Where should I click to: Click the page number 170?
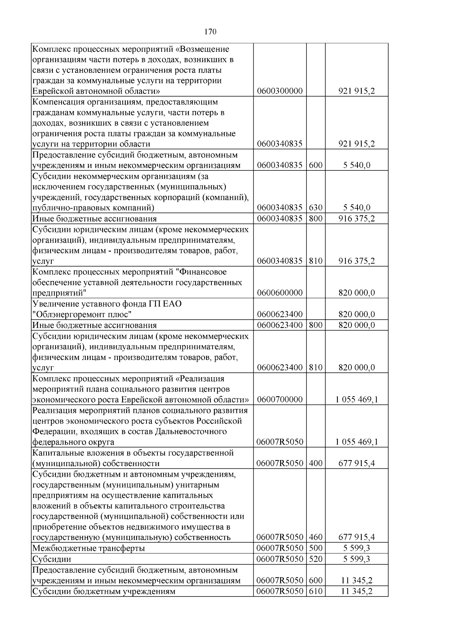point(210,32)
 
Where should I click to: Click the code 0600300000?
point(279,91)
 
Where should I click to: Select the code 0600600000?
point(279,293)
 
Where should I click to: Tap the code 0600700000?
point(279,400)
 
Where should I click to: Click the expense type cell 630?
point(316,207)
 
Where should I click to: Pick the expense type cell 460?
point(316,537)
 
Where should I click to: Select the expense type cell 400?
point(316,463)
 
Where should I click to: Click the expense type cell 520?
point(316,559)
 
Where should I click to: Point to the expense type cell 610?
point(316,591)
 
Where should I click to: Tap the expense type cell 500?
point(316,548)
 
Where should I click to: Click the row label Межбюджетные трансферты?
point(88,548)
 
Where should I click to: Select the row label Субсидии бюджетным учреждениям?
point(104,591)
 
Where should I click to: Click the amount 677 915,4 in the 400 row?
point(356,463)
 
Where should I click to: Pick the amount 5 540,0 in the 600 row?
point(356,165)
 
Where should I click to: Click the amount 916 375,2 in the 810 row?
point(356,261)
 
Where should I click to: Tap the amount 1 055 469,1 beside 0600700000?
point(356,400)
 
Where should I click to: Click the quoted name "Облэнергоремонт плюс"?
point(82,314)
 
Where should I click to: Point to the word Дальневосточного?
point(191,431)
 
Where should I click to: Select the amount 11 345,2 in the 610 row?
point(356,591)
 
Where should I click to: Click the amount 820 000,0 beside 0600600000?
point(356,293)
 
